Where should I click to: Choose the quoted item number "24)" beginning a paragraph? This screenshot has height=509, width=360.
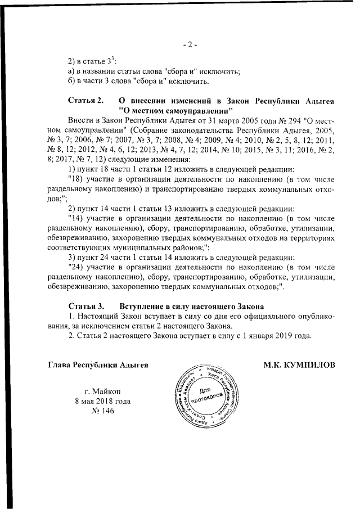pos(75,268)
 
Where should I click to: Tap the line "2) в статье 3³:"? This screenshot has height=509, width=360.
pos(92,61)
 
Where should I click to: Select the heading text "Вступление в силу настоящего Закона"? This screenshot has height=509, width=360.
pos(191,306)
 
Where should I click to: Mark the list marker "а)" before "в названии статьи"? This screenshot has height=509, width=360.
pos(71,71)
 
